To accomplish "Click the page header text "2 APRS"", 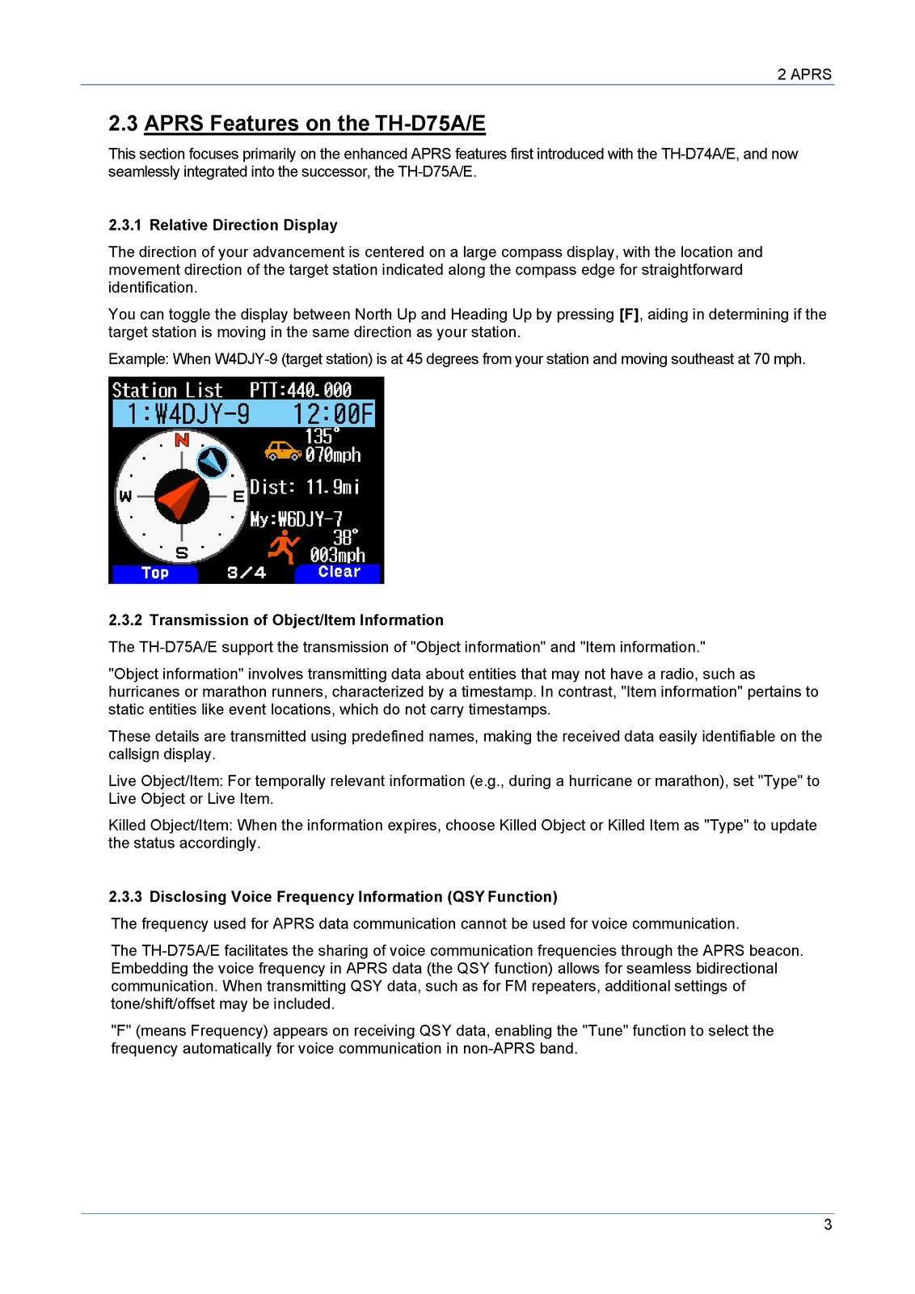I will click(x=803, y=74).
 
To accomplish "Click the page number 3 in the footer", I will click(x=827, y=1224).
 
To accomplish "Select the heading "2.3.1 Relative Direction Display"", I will click(x=223, y=225).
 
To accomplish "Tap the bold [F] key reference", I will click(x=628, y=315).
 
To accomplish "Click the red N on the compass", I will click(x=182, y=440).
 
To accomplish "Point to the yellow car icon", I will click(x=283, y=450).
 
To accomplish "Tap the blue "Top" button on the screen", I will click(x=154, y=573).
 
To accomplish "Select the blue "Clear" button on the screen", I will click(x=338, y=572).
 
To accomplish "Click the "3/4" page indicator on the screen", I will click(x=247, y=573).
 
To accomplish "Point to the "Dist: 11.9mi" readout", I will click(x=305, y=487).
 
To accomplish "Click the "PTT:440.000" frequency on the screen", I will click(x=300, y=390).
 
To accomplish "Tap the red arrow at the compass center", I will click(x=180, y=497).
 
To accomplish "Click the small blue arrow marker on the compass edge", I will click(x=212, y=462).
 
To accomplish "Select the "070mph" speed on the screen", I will click(x=332, y=455).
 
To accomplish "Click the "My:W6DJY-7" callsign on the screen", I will click(x=296, y=518).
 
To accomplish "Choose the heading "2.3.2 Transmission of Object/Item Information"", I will click(x=276, y=620).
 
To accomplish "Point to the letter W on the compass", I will click(x=126, y=496).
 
